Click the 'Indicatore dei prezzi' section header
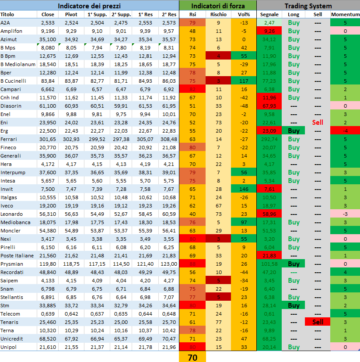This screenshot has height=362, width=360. (89, 6)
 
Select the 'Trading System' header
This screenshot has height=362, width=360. (308, 6)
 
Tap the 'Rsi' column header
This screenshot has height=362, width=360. (192, 14)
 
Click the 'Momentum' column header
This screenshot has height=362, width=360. (345, 14)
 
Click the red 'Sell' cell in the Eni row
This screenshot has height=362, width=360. (318, 123)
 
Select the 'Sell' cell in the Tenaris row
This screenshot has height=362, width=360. (318, 322)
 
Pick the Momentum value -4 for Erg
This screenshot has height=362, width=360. (345, 131)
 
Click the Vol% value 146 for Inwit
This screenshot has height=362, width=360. (244, 189)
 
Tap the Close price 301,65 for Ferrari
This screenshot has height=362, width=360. (48, 139)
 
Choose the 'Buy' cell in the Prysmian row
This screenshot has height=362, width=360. (294, 264)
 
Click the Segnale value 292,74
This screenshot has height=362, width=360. (269, 139)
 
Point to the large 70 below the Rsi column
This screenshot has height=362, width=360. (192, 357)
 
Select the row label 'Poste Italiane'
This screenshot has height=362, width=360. (17, 256)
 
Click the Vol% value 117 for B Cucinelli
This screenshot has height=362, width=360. (244, 81)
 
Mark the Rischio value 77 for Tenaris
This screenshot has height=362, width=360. (218, 322)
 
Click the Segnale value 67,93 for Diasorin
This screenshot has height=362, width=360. (269, 106)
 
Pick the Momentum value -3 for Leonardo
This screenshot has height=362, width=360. (345, 214)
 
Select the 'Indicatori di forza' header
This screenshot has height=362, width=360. (217, 6)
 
